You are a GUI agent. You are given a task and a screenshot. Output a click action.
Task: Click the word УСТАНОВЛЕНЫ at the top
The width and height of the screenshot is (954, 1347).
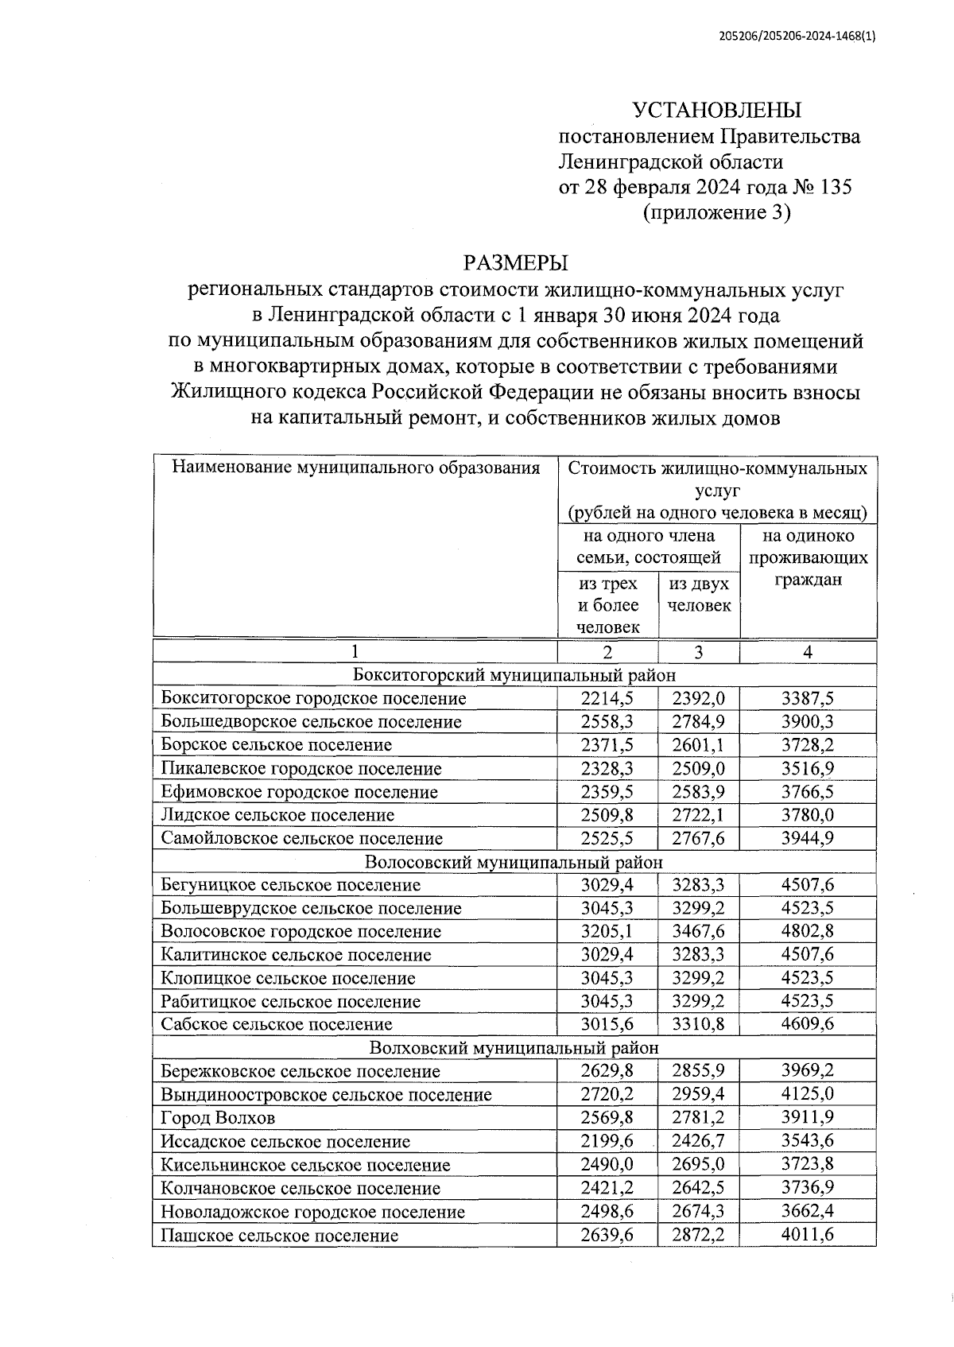coord(716,110)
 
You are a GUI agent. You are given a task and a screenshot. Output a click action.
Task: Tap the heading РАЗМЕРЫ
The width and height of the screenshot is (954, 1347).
coord(516,262)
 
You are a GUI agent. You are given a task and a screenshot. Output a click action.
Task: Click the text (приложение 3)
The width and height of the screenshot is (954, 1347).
coord(716,212)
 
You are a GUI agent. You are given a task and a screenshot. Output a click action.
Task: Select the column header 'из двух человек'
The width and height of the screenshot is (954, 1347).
coord(699,594)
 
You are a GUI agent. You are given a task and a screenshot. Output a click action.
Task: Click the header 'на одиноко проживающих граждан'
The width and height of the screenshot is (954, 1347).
coord(808,557)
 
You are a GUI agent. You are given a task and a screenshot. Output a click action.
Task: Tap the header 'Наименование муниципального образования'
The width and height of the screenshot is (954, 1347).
coord(355,468)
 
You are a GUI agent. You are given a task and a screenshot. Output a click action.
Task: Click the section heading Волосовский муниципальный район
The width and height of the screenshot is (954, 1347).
coord(514,862)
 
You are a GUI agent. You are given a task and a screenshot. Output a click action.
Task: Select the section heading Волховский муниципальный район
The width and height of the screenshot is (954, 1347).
coord(514,1048)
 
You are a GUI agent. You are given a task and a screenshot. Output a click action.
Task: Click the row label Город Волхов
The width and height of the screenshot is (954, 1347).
coord(218,1118)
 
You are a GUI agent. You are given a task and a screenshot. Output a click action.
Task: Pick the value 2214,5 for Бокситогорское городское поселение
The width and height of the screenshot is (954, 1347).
coord(607,698)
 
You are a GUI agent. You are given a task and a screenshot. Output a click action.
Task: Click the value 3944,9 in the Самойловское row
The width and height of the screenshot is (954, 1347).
coord(808,838)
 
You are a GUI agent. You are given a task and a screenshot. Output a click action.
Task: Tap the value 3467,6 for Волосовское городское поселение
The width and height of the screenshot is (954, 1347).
coord(698,931)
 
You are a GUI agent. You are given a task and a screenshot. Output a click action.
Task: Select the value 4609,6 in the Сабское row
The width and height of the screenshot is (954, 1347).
coord(808,1024)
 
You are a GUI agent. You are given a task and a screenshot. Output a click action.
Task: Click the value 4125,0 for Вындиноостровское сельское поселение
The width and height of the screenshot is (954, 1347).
coord(808,1094)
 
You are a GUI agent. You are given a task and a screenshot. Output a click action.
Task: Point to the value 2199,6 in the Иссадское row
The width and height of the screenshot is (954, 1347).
coord(607,1141)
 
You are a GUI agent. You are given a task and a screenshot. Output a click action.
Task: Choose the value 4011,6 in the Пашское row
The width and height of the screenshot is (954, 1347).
coord(808,1235)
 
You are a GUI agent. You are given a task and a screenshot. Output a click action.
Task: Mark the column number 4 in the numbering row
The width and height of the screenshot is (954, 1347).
coord(808,652)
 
